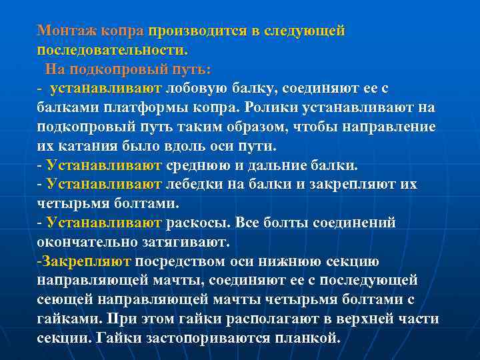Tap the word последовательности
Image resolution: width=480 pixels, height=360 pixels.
(113, 50)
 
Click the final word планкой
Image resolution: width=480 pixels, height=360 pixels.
(307, 338)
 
